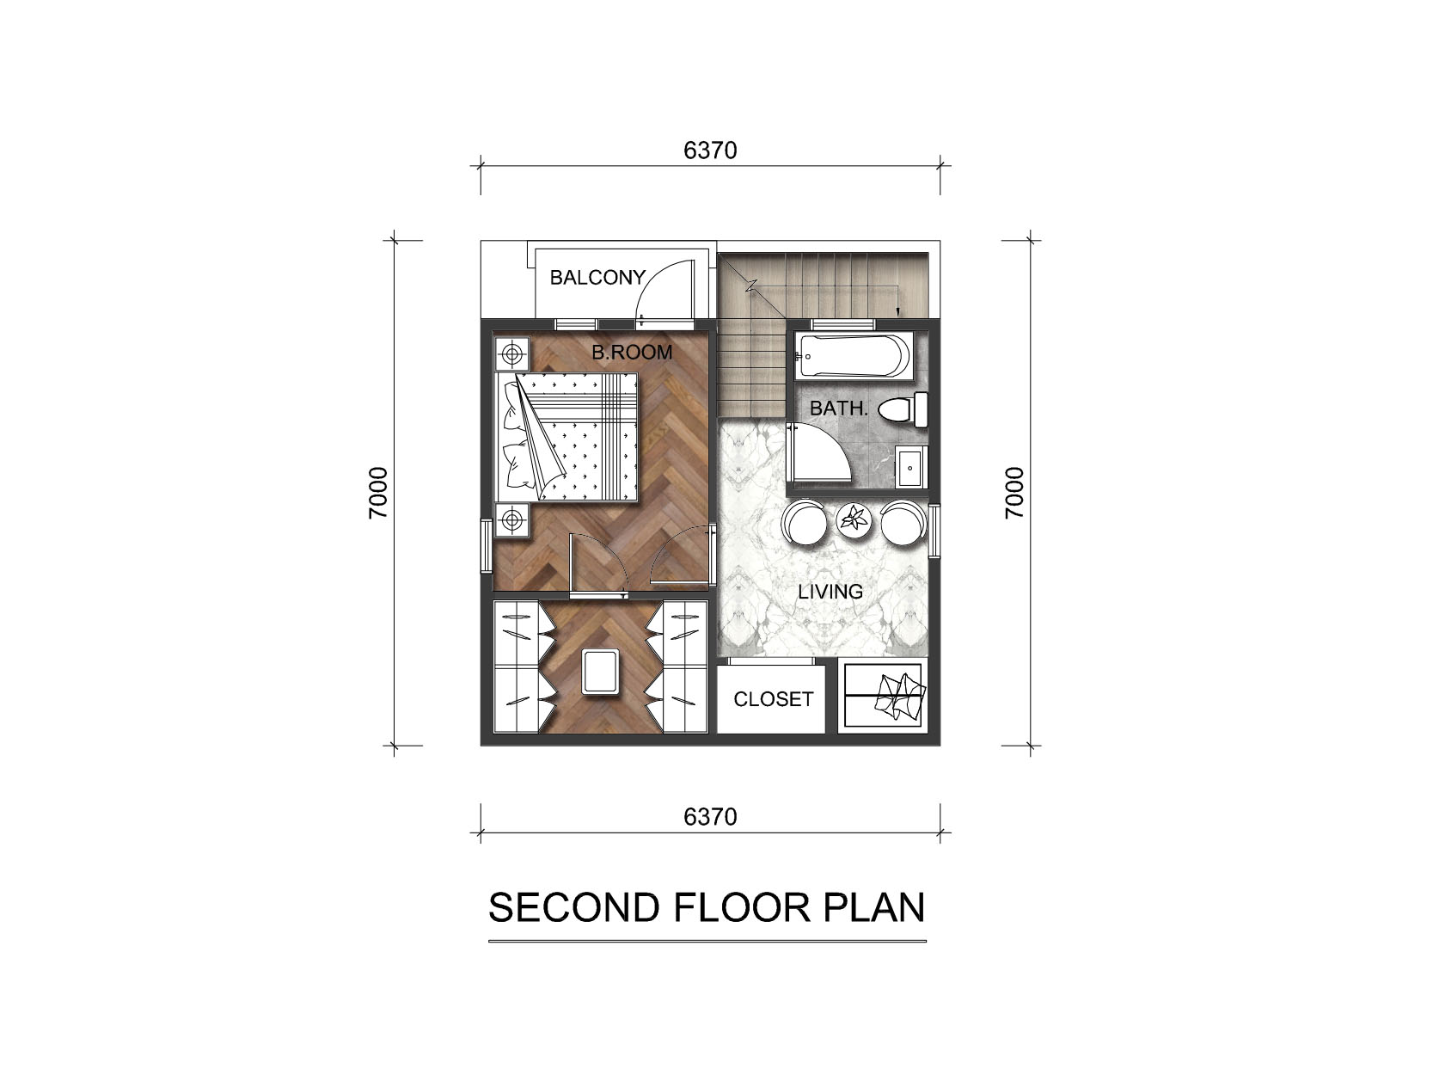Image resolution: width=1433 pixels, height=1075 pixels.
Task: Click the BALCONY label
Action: pyautogui.click(x=597, y=278)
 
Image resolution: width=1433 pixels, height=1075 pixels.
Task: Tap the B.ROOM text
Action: pyautogui.click(x=632, y=352)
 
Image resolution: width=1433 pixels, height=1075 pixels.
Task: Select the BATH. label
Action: pyautogui.click(x=839, y=408)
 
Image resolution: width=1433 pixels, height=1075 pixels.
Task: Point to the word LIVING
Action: pyautogui.click(x=830, y=592)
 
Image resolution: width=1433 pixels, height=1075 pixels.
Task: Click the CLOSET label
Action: pyautogui.click(x=774, y=699)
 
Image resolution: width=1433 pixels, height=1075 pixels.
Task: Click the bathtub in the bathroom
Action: pyautogui.click(x=853, y=357)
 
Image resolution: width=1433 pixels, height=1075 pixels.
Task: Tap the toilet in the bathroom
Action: pyautogui.click(x=903, y=409)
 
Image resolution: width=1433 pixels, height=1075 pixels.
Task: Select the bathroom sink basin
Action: pyautogui.click(x=910, y=467)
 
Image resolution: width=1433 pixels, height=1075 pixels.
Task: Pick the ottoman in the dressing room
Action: pyautogui.click(x=601, y=672)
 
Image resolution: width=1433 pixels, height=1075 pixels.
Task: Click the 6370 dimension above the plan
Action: pyautogui.click(x=710, y=150)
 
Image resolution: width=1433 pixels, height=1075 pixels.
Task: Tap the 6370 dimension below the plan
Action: pyautogui.click(x=710, y=817)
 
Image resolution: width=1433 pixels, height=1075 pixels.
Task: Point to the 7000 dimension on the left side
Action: pyautogui.click(x=378, y=493)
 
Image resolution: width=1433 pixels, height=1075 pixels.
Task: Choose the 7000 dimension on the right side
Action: pyautogui.click(x=1014, y=493)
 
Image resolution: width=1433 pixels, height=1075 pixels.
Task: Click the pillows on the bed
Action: pyautogui.click(x=517, y=437)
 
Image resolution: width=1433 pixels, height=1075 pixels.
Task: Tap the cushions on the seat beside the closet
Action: pyautogui.click(x=899, y=697)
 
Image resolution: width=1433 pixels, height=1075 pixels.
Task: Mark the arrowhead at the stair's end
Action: pyautogui.click(x=897, y=312)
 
